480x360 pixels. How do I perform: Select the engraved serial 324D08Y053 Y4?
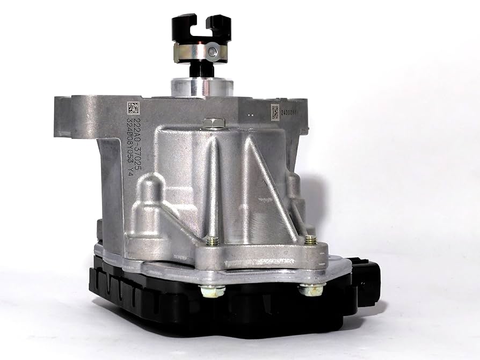(130, 145)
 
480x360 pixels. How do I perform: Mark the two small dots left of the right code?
(250, 114)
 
